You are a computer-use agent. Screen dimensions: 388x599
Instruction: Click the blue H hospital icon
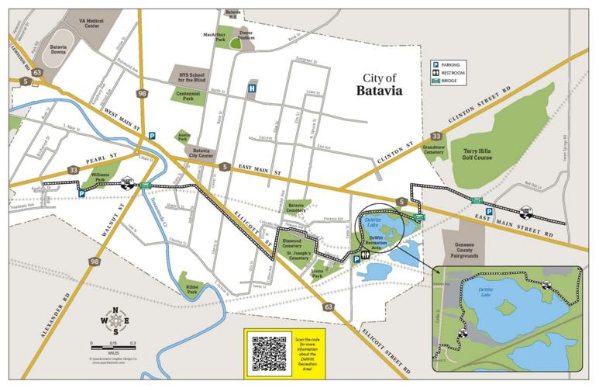tap(251, 89)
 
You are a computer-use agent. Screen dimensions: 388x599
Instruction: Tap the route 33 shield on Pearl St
tap(73, 169)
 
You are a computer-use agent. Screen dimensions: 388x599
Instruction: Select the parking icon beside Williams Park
tap(81, 194)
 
